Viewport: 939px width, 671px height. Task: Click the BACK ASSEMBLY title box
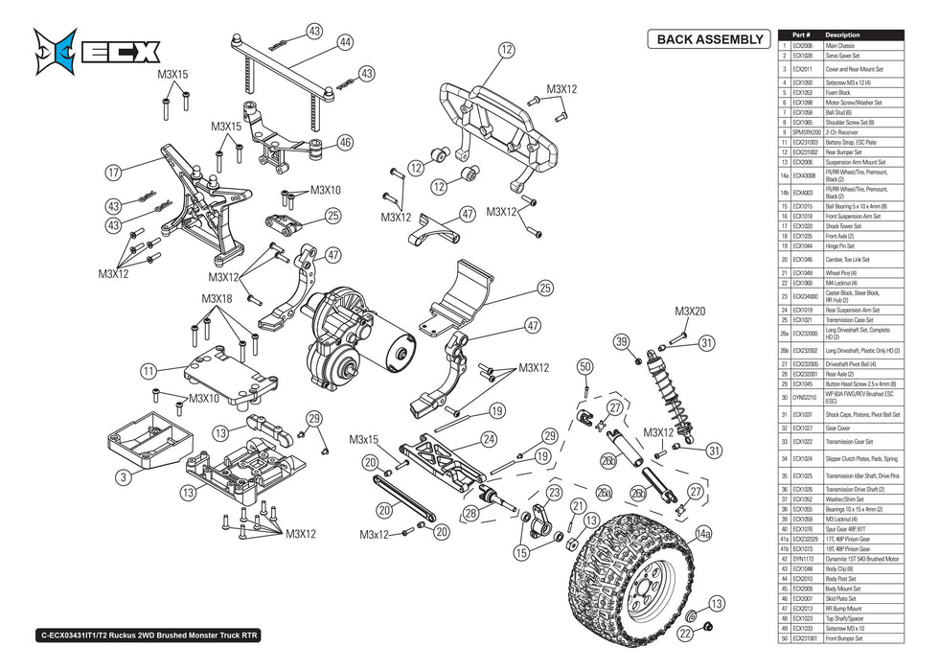click(x=710, y=39)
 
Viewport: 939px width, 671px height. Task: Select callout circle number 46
click(x=345, y=143)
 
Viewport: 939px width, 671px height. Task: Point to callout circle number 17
click(x=114, y=173)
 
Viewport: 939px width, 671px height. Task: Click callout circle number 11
click(x=148, y=370)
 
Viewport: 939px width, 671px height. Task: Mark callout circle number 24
click(x=489, y=440)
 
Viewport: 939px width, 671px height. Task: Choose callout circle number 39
click(x=621, y=342)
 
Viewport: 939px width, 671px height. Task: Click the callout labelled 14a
click(x=704, y=533)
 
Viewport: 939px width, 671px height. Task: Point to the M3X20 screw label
click(x=689, y=312)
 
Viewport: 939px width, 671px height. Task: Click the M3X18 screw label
click(x=217, y=299)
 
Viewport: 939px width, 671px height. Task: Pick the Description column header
click(x=842, y=35)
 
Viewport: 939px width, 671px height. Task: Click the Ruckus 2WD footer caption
click(x=149, y=635)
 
